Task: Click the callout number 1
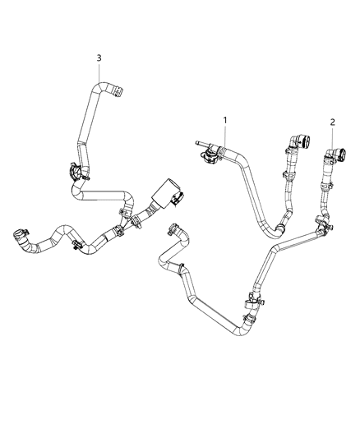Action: tap(225, 121)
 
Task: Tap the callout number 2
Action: tap(333, 122)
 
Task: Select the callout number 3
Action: tap(99, 58)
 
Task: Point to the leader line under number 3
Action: tap(99, 72)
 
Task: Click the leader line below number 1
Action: tap(225, 136)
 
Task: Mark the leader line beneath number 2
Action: tap(333, 137)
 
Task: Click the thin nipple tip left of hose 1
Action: tap(197, 141)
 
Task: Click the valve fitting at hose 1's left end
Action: tap(215, 150)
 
